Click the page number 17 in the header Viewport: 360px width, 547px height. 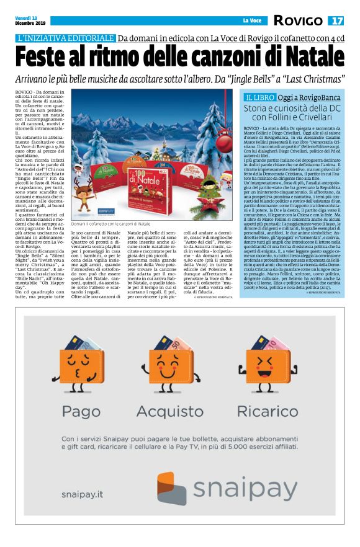pos(336,20)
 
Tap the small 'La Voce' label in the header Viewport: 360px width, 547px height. pos(251,21)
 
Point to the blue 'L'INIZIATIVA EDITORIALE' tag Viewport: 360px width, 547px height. pos(66,38)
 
